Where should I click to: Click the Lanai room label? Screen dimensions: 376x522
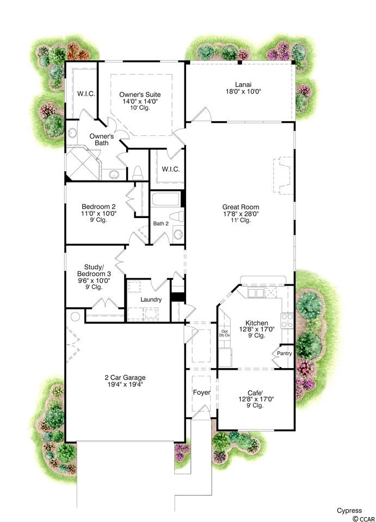tap(243, 85)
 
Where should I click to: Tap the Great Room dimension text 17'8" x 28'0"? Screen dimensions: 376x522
tap(241, 214)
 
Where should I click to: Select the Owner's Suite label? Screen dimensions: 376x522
tap(140, 95)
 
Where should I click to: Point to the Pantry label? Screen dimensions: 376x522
tap(285, 353)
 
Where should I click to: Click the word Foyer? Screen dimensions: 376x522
tap(201, 393)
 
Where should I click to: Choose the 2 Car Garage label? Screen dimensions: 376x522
tap(125, 377)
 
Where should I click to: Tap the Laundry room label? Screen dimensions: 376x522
tap(151, 300)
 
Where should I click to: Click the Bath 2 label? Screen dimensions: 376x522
tap(161, 223)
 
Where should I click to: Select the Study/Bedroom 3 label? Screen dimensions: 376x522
tap(94, 270)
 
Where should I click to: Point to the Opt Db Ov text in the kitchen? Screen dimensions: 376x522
tap(225, 333)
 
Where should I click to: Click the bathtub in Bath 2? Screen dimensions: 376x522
tap(166, 199)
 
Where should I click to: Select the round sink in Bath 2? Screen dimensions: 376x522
tap(178, 234)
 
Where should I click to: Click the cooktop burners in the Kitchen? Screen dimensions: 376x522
tap(287, 320)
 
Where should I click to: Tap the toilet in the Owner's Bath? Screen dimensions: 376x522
tap(138, 173)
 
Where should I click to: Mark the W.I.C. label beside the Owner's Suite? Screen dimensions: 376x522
tap(86, 94)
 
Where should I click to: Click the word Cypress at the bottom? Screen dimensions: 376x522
tap(349, 511)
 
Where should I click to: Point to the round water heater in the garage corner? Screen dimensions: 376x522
tap(75, 316)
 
